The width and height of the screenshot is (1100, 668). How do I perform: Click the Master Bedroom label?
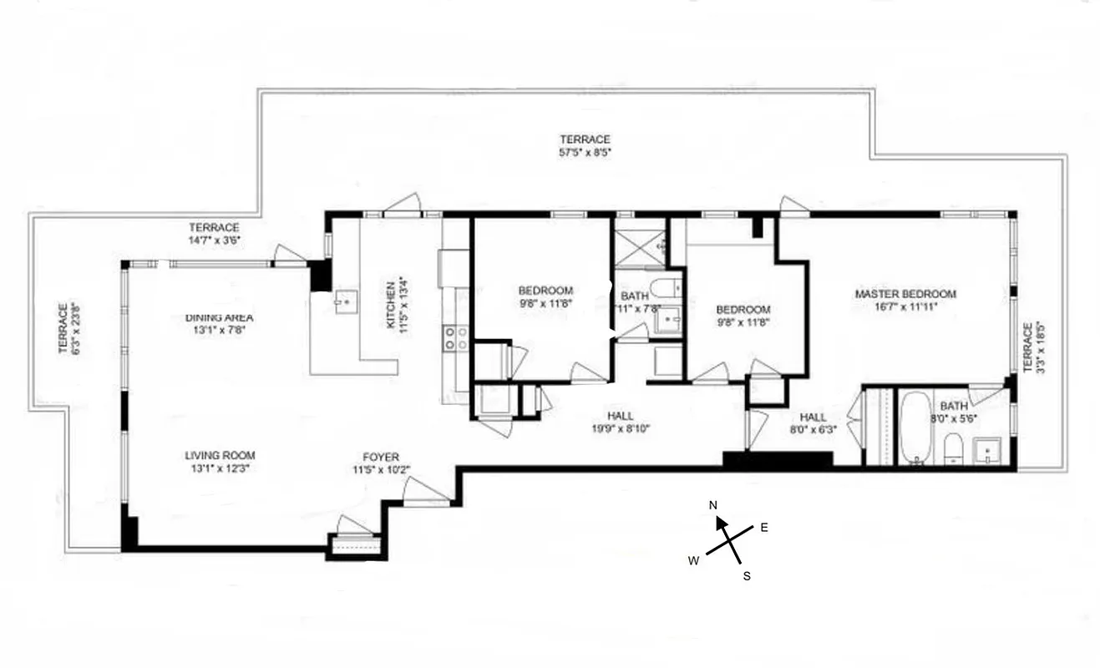point(905,294)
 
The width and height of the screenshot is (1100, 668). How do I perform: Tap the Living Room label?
point(220,455)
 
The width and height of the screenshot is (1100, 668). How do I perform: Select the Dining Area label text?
point(219,317)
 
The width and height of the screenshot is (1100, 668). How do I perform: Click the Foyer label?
point(380,457)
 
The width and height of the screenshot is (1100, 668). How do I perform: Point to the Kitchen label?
point(390,304)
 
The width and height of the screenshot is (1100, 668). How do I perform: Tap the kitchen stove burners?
point(456,337)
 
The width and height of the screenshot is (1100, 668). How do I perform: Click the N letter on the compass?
point(713,505)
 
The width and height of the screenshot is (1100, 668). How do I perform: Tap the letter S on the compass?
point(747,576)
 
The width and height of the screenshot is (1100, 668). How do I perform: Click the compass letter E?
point(763,527)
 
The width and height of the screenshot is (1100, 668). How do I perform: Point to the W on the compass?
point(693,561)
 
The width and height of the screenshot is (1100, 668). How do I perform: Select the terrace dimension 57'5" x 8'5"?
point(585,153)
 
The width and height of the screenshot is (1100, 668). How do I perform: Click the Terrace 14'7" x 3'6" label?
point(214,234)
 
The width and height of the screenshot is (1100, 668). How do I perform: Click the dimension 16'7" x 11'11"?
point(905,306)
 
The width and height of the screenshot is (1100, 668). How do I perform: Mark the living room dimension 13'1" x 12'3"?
point(220,468)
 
